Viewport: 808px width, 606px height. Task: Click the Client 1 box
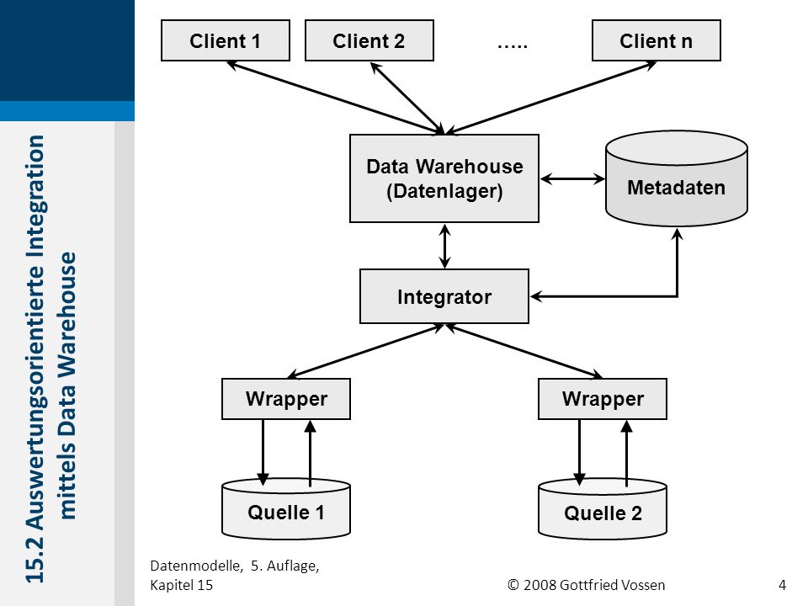(226, 40)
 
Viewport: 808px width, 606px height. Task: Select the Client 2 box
(369, 40)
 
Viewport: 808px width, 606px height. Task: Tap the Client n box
(656, 40)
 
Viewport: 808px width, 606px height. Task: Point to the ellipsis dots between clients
(513, 46)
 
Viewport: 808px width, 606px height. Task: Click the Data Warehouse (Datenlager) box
(444, 178)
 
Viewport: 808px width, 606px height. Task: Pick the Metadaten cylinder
(677, 178)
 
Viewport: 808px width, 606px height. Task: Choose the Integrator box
(444, 296)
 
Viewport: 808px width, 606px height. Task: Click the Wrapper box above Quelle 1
(286, 399)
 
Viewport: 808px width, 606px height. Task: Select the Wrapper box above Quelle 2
(603, 399)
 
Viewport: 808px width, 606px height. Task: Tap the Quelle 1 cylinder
(286, 509)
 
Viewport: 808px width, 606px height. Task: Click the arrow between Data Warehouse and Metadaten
(572, 178)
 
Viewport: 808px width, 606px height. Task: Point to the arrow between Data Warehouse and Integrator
(444, 246)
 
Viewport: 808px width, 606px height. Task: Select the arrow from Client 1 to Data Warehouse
(336, 98)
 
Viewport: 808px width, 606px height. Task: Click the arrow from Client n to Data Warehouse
(550, 98)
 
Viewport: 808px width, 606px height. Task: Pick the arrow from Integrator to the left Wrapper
(365, 351)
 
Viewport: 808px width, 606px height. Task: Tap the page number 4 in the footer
(782, 586)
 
